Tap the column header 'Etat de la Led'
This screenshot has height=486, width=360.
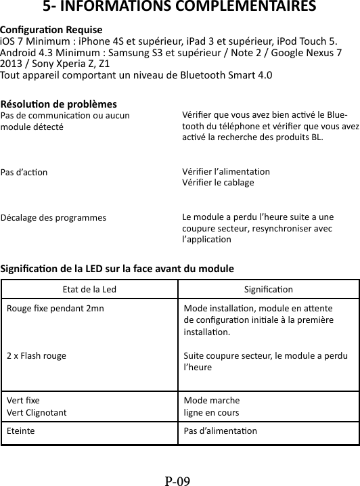pos(89,290)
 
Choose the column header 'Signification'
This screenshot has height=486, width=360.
pos(268,290)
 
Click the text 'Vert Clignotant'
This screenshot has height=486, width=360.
pos(37,412)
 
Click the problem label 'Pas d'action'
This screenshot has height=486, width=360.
pos(24,172)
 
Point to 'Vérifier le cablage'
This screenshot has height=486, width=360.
pos(219,183)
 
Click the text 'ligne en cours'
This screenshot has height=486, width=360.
pos(211,412)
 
